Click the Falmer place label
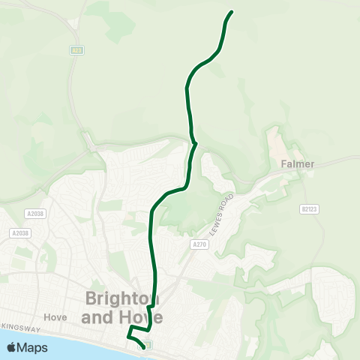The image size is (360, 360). tap(297, 163)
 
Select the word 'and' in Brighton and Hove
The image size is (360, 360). tap(97, 317)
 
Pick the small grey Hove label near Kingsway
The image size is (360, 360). tap(55, 316)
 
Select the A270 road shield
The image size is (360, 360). tap(199, 244)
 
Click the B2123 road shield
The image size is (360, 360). tap(309, 209)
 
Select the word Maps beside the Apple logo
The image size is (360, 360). tap(32, 347)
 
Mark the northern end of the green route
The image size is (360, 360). tap(231, 12)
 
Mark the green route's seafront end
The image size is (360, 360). tap(142, 347)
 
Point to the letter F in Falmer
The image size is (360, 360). tap(283, 163)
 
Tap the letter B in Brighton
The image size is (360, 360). tap(92, 298)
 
